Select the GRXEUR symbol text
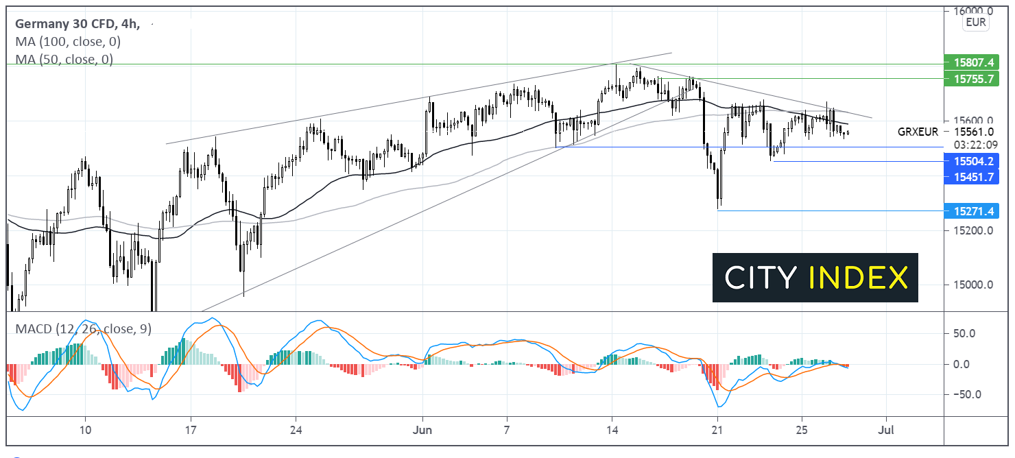tap(918, 131)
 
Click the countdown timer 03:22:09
tap(968, 145)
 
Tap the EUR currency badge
tap(975, 23)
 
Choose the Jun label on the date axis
tap(422, 431)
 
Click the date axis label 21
tap(717, 431)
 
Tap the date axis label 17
tap(191, 431)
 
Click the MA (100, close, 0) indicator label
tap(67, 42)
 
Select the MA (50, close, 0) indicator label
tap(64, 60)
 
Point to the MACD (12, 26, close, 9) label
tap(83, 328)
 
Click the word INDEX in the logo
tap(858, 277)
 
